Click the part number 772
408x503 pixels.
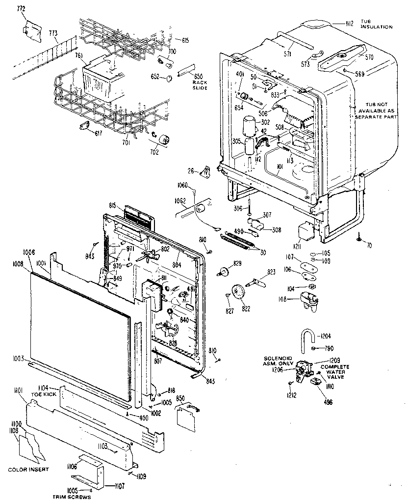coord(21,9)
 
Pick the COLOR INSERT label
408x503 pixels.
coord(28,470)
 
